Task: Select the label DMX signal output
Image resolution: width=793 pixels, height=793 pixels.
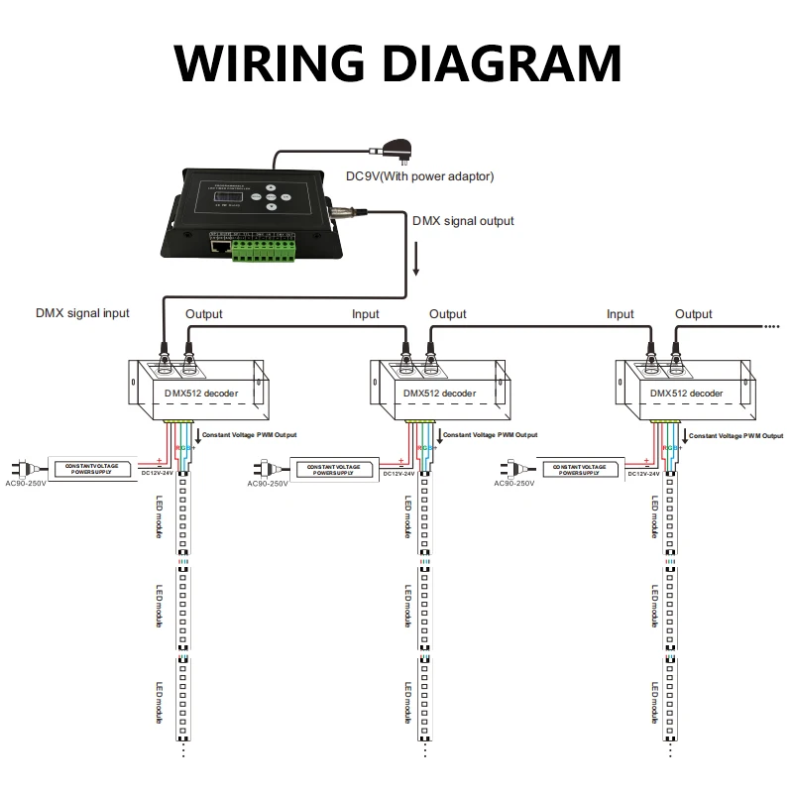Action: [463, 221]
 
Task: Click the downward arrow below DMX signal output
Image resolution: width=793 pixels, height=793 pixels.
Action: [416, 263]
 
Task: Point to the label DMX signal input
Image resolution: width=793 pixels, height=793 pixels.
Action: [82, 313]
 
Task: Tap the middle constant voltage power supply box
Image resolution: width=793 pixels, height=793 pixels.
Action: [334, 468]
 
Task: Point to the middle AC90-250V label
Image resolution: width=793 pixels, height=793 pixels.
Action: [268, 484]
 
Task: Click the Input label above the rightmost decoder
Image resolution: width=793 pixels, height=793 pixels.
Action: [620, 314]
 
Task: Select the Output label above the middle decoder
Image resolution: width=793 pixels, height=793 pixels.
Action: [447, 314]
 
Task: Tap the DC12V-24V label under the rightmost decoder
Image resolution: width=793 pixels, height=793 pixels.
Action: [646, 474]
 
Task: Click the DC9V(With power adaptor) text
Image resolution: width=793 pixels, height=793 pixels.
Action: [419, 176]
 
